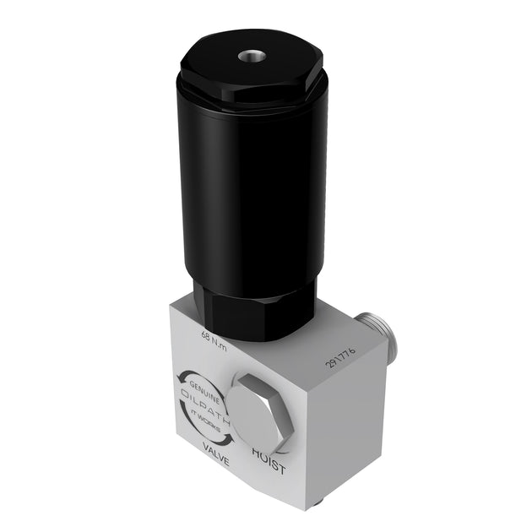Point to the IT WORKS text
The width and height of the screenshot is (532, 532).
(x=204, y=416)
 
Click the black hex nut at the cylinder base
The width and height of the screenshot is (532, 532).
(x=253, y=308)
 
